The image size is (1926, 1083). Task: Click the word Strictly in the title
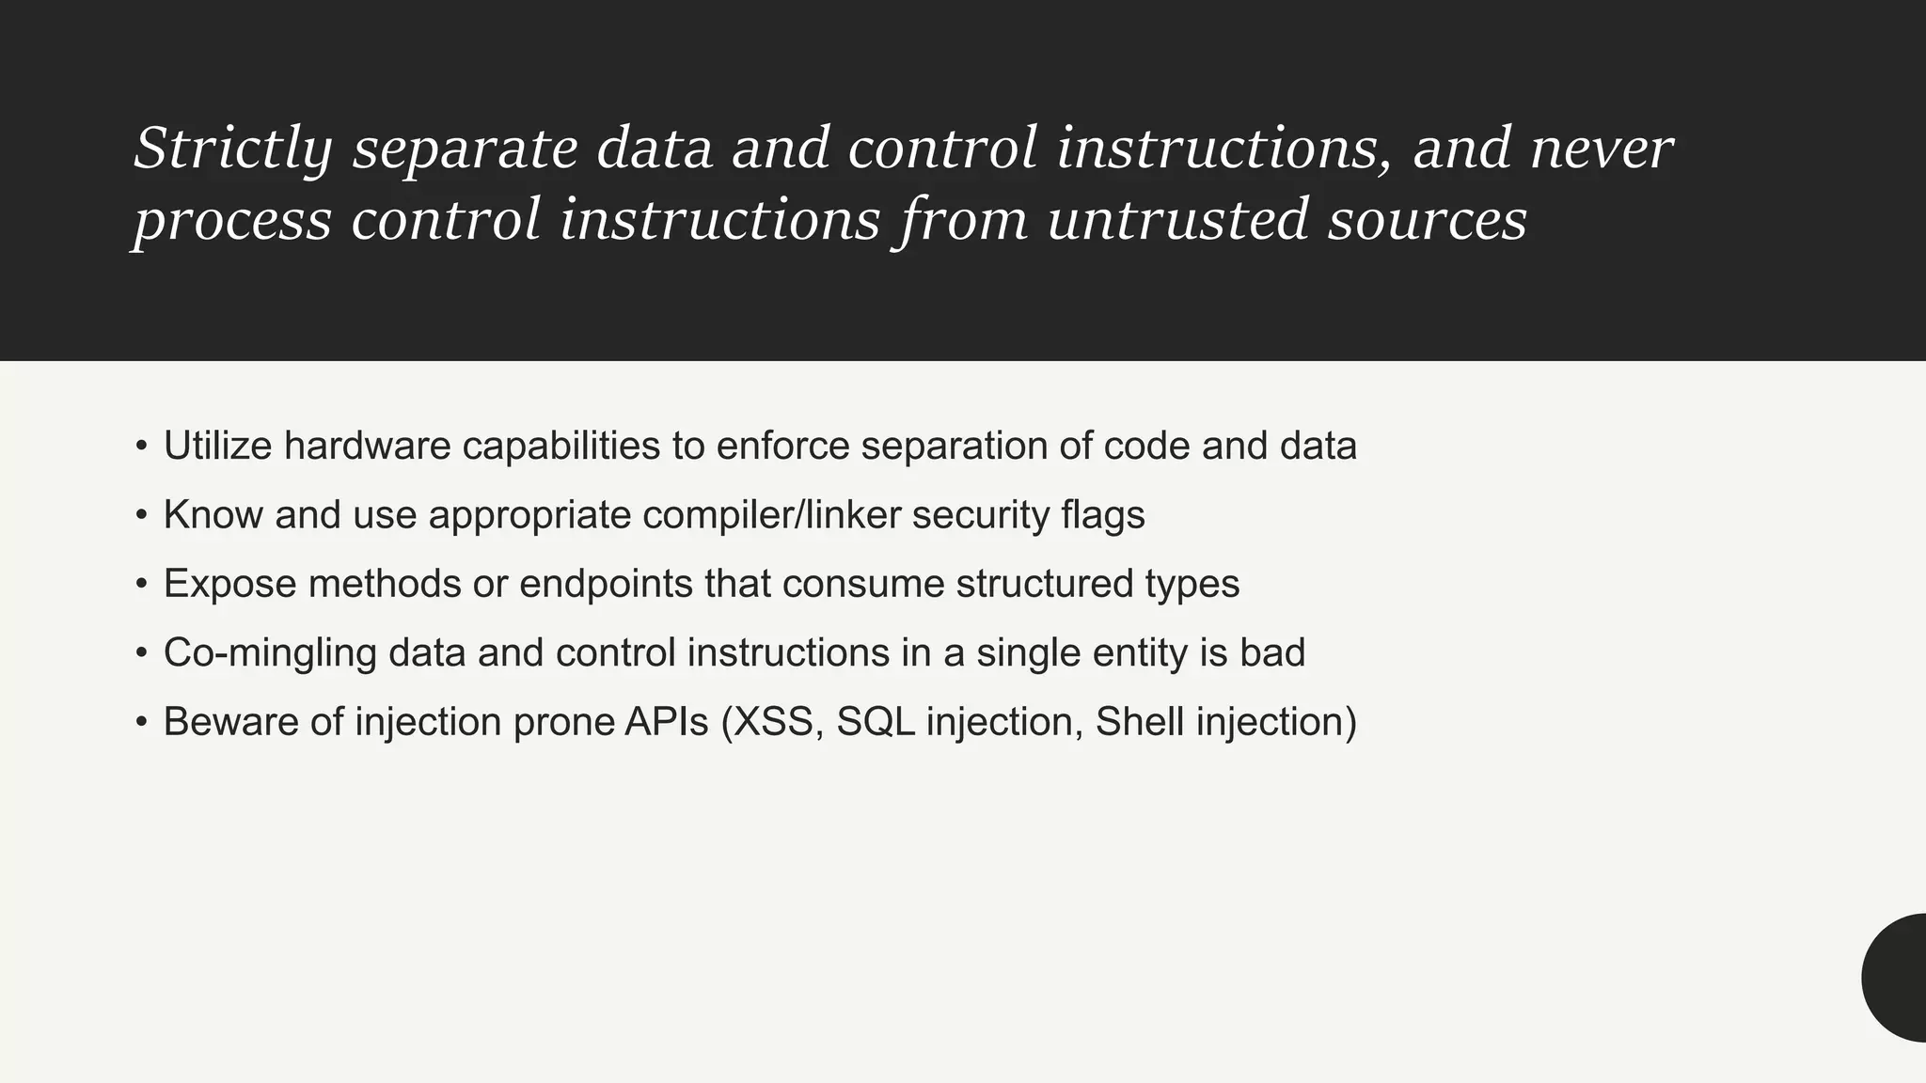point(233,149)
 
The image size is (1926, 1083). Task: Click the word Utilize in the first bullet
point(217,446)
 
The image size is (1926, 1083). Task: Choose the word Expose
point(229,584)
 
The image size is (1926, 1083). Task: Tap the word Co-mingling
point(270,653)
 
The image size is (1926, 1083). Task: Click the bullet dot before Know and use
point(141,515)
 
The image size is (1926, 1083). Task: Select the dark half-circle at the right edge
point(1898,978)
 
